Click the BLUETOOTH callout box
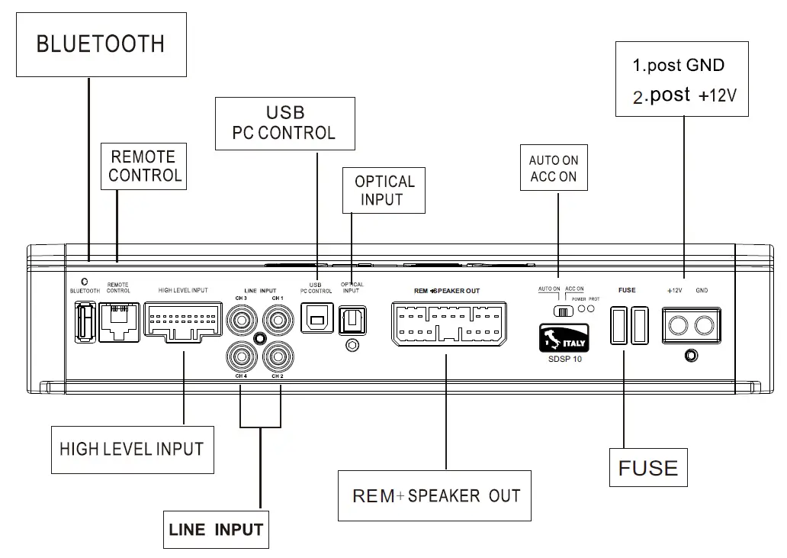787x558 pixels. click(x=101, y=44)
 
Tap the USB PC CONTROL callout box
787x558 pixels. click(x=284, y=123)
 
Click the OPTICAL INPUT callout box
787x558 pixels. click(x=384, y=191)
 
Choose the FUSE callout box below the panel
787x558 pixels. click(x=648, y=468)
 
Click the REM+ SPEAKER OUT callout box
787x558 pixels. click(x=435, y=496)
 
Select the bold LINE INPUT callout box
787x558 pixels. click(x=216, y=529)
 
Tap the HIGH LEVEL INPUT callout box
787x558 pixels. click(x=131, y=449)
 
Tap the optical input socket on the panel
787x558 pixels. click(x=352, y=319)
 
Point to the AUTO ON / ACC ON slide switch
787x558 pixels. click(x=564, y=311)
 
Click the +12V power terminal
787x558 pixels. click(x=676, y=327)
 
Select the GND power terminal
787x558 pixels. click(x=705, y=327)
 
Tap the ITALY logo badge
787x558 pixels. click(x=564, y=338)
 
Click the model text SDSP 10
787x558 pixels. click(x=565, y=359)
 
